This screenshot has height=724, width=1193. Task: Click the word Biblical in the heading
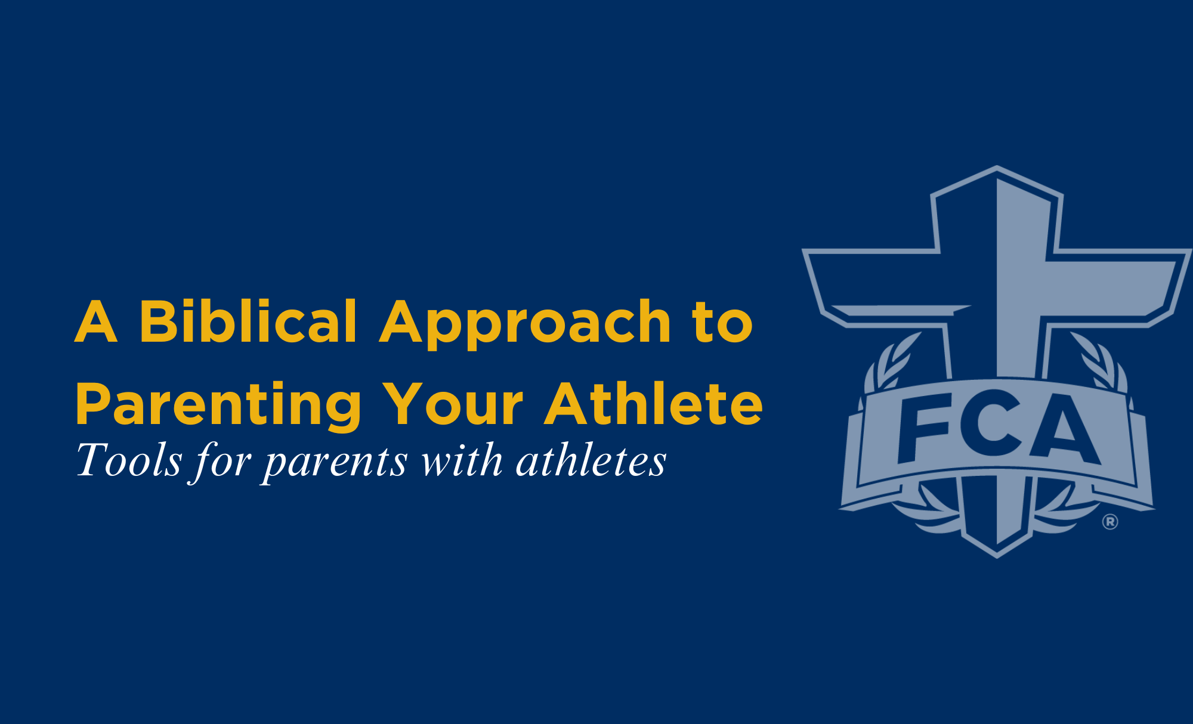click(x=248, y=321)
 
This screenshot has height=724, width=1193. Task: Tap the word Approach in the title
click(x=526, y=324)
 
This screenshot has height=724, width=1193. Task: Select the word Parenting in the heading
click(x=218, y=406)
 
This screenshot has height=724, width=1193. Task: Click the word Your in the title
click(x=453, y=404)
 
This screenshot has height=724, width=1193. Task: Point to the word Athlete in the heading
click(x=654, y=403)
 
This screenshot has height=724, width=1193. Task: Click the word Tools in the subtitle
click(x=129, y=460)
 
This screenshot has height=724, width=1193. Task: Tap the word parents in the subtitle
click(x=336, y=463)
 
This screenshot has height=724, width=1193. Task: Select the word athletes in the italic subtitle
click(x=591, y=460)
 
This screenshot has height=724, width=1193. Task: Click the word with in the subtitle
click(x=462, y=460)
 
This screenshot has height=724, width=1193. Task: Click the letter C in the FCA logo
click(x=991, y=423)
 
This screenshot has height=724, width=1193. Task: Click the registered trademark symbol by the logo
click(x=1110, y=522)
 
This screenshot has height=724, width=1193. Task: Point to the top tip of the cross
click(x=997, y=166)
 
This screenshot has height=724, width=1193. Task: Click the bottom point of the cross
click(x=997, y=558)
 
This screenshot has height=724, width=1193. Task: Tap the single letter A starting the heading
click(x=95, y=321)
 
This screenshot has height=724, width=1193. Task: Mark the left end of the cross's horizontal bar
click(x=803, y=250)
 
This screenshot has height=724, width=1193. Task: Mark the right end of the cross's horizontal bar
click(x=1190, y=250)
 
